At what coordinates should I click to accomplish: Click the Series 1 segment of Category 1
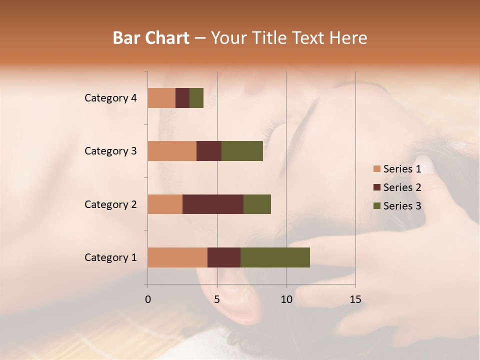[177, 257]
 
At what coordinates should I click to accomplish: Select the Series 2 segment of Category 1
[224, 257]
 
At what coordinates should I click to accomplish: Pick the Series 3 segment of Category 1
[275, 257]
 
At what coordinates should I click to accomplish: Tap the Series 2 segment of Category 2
[213, 204]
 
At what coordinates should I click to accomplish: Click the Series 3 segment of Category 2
[257, 204]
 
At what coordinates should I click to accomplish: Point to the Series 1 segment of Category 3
[172, 151]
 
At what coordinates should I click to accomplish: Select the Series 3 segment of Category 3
[242, 151]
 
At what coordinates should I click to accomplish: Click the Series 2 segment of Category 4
[182, 98]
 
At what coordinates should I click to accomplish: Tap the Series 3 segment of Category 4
[196, 98]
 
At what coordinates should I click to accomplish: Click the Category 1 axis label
[110, 257]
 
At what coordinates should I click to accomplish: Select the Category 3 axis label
[110, 151]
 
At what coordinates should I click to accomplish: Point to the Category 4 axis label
[110, 98]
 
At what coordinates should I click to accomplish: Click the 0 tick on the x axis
[148, 299]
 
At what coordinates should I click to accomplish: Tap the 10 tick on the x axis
[286, 299]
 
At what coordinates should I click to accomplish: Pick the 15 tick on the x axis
[355, 299]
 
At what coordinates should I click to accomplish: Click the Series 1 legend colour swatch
[377, 169]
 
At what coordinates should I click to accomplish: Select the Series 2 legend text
[402, 187]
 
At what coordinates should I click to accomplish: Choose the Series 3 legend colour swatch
[377, 206]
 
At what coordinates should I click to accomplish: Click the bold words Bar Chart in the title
[151, 38]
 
